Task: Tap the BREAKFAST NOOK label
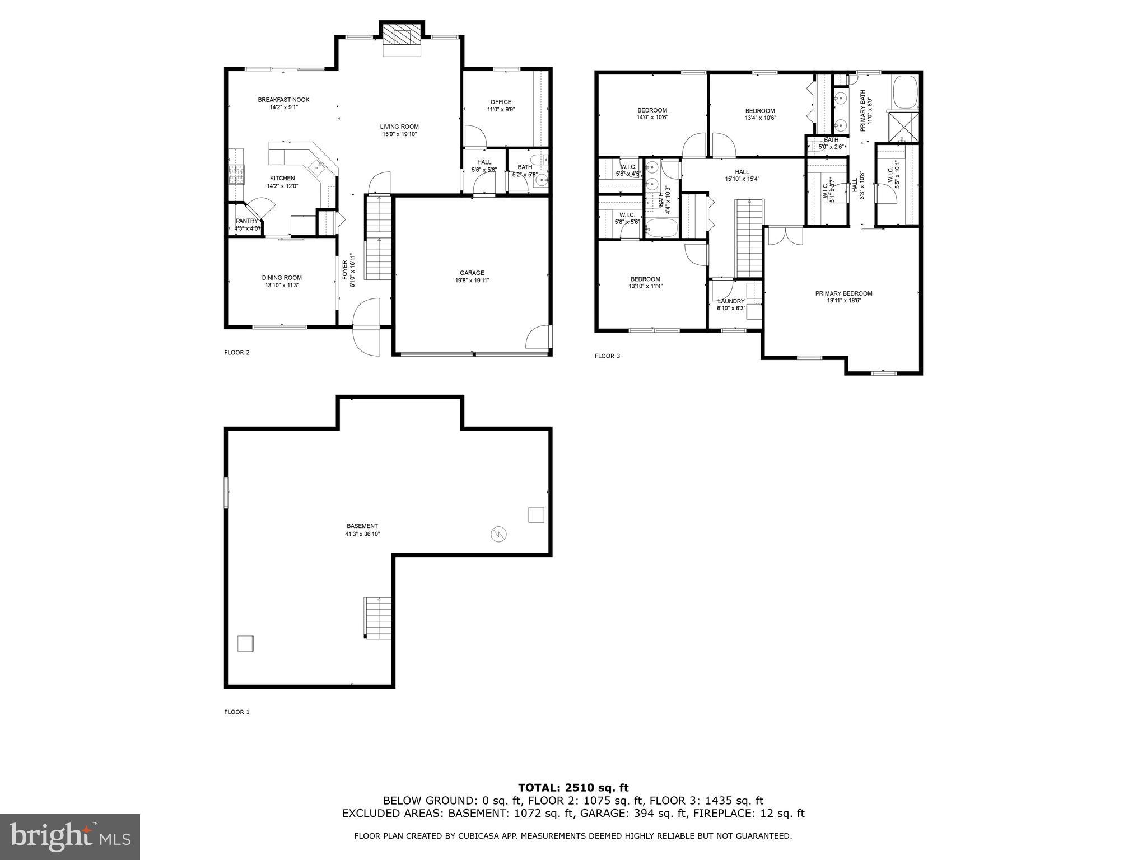(x=283, y=100)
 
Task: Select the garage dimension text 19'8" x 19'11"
(x=472, y=281)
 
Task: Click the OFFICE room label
(x=501, y=102)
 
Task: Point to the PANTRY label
(x=246, y=221)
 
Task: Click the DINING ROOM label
(x=282, y=278)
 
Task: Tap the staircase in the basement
(x=378, y=618)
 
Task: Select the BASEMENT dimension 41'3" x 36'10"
(x=362, y=534)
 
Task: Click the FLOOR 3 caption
(x=607, y=356)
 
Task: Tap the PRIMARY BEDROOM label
(x=843, y=293)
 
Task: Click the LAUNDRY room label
(x=731, y=301)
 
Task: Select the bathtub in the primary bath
(x=904, y=93)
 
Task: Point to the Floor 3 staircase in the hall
(x=749, y=238)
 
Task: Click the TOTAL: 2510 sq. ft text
(x=573, y=788)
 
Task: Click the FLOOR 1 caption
(x=236, y=712)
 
